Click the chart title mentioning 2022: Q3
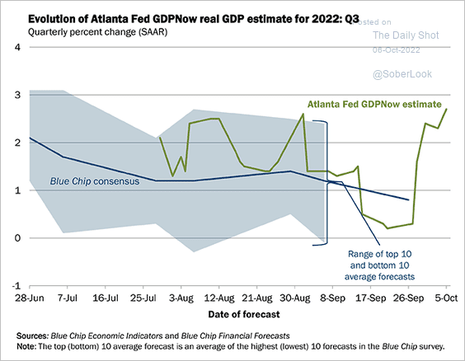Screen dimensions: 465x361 (194, 19)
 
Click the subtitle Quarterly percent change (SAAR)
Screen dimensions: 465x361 (97, 31)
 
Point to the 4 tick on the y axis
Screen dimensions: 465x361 (17, 47)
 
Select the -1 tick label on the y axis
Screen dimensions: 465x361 (16, 286)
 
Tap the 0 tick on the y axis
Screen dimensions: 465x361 (17, 238)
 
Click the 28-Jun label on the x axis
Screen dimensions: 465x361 (30, 298)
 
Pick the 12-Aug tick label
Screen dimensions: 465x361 (218, 298)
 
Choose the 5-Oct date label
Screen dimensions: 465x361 (446, 298)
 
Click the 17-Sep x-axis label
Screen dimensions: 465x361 (370, 298)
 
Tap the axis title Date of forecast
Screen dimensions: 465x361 (244, 314)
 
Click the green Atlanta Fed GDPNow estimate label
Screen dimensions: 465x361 (374, 105)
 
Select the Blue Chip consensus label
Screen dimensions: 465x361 (94, 181)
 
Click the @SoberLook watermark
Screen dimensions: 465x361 (402, 74)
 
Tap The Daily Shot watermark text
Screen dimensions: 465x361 (406, 35)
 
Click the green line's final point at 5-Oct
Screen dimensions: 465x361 (446, 109)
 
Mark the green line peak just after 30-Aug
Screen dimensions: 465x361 (303, 114)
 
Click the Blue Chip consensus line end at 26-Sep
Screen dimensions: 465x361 (408, 199)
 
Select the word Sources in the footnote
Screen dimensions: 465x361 (32, 335)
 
